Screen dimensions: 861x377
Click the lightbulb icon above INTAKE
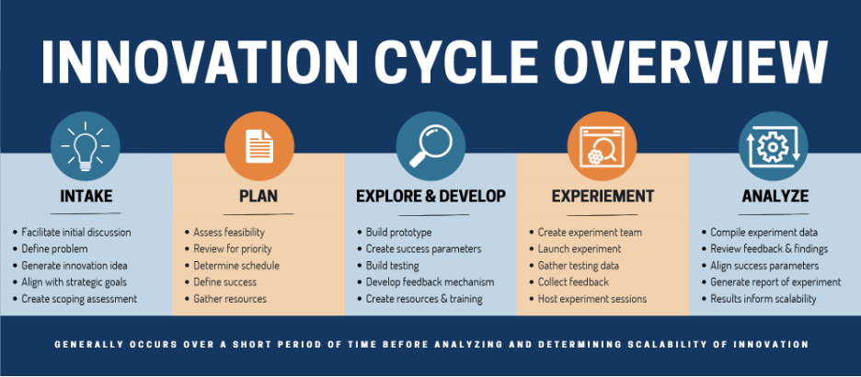86,146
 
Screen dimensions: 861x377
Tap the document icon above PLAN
259,146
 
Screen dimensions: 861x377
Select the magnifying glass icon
430,146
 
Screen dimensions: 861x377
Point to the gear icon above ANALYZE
773,146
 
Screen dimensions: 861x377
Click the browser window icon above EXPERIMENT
603,146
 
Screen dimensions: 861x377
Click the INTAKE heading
86,196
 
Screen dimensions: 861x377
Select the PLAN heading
258,196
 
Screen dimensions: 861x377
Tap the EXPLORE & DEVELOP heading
431,196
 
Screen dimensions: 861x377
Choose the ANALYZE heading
775,196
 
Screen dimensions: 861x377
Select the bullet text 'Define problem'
54,249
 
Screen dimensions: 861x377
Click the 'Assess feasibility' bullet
229,233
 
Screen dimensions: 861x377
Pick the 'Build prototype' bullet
398,233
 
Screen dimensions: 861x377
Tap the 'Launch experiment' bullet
580,249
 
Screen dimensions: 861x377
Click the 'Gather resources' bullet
230,299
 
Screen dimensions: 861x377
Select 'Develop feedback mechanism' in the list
430,282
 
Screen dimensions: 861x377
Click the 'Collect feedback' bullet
573,282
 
